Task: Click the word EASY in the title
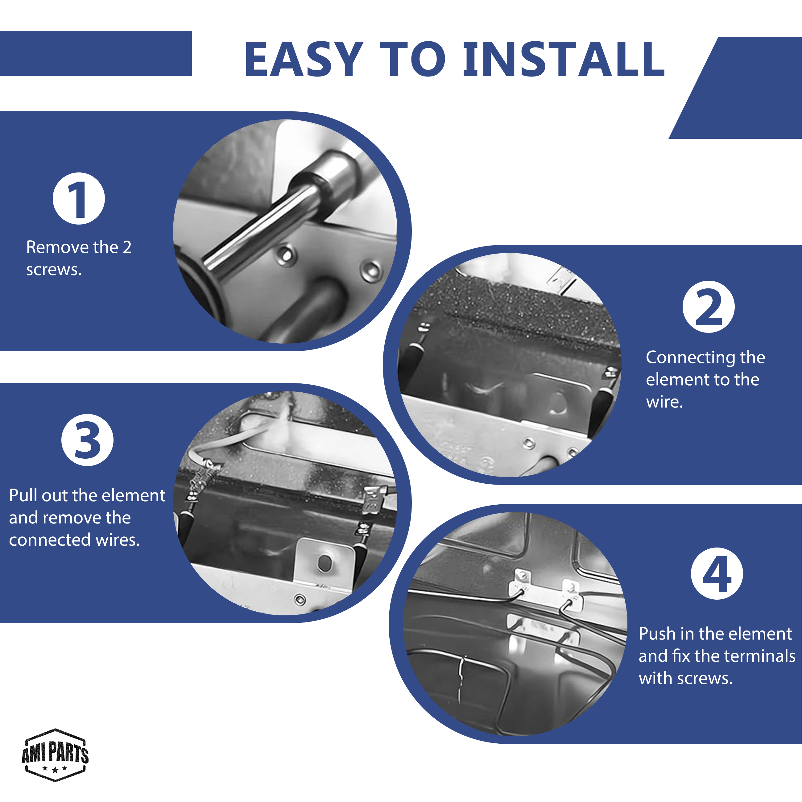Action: tap(304, 59)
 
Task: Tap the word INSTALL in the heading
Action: tap(564, 59)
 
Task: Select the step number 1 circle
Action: tap(79, 198)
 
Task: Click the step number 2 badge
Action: tap(709, 307)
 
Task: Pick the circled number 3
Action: tap(87, 440)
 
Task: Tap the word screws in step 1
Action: tap(54, 270)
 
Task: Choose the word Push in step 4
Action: tap(657, 634)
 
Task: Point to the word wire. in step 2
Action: tap(664, 402)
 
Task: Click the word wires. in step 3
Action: tap(118, 539)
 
